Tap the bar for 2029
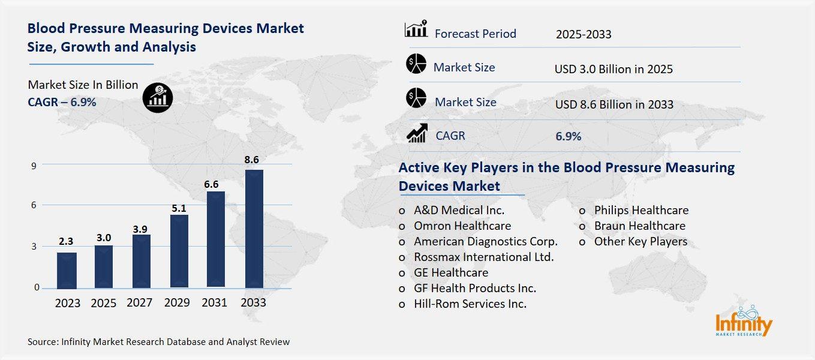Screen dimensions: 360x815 (x=179, y=251)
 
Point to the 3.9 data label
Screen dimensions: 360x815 (x=142, y=228)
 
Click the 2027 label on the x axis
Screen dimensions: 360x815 (x=140, y=303)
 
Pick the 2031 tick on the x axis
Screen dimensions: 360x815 (x=214, y=303)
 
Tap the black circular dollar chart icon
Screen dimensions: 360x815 (x=158, y=98)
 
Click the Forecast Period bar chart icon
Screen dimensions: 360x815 (x=416, y=29)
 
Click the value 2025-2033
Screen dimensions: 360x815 (x=583, y=34)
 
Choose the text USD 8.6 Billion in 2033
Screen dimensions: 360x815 (x=614, y=104)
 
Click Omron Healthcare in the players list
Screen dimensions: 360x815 (x=462, y=226)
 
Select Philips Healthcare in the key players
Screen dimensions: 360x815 (x=641, y=211)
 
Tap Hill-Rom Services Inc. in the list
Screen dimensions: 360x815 (x=470, y=304)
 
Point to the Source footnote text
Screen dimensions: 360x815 (x=159, y=342)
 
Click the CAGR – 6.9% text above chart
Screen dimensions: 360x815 (x=62, y=102)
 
